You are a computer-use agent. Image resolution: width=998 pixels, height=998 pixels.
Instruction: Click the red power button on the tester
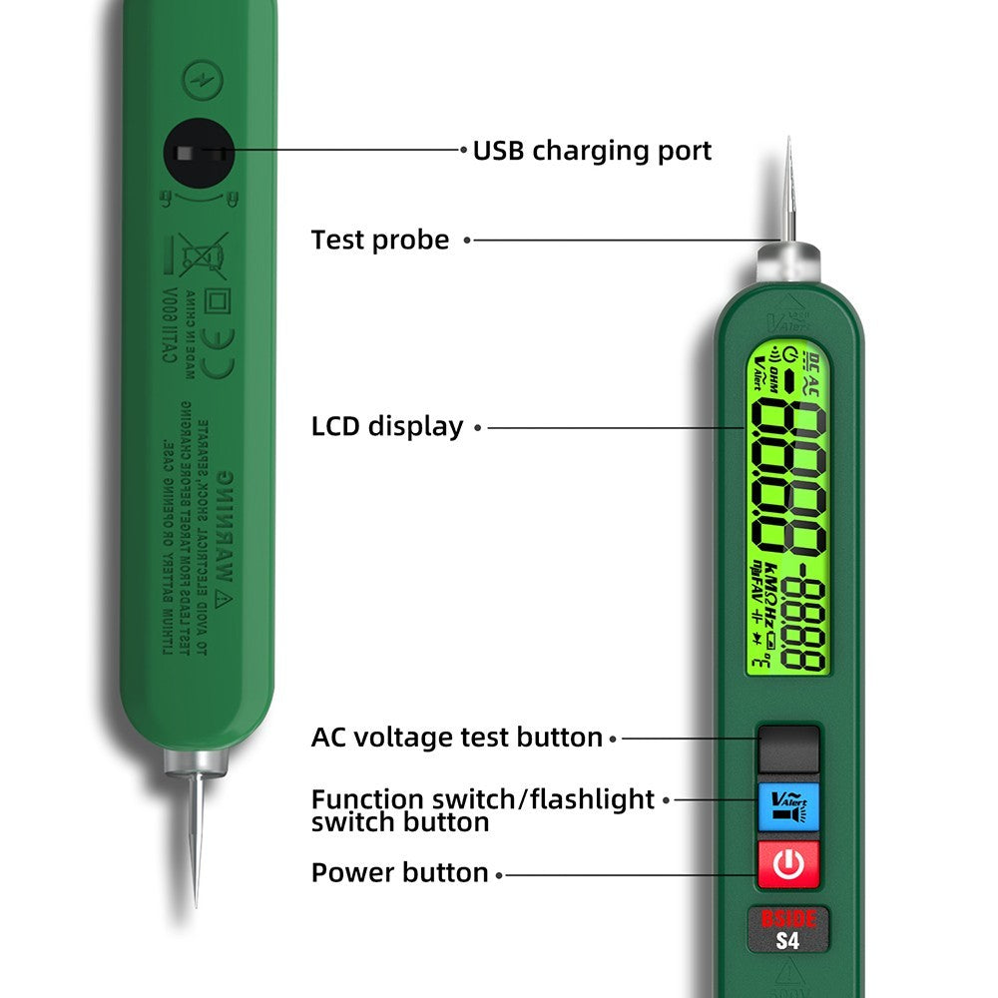click(x=787, y=864)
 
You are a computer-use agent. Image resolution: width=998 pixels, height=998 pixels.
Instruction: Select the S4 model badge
click(x=787, y=940)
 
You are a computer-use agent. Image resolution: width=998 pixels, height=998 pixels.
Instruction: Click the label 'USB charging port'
click(x=592, y=151)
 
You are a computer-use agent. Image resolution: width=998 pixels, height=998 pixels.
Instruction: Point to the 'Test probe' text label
click(x=380, y=240)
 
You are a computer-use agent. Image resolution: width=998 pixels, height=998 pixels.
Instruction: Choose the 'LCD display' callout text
click(x=387, y=427)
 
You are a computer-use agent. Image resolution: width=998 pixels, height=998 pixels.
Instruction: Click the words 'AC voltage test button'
click(x=457, y=738)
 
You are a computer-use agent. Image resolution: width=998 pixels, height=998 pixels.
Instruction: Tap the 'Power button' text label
click(x=399, y=872)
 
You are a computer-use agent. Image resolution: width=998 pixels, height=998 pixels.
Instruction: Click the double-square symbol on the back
click(x=216, y=300)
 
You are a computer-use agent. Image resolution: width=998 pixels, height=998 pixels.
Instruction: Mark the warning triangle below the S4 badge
click(x=787, y=976)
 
